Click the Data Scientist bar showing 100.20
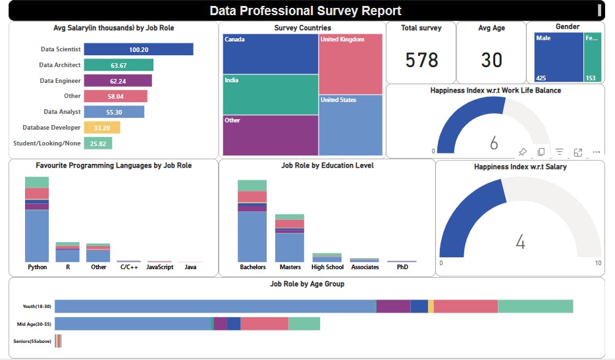(x=138, y=49)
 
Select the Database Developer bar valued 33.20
(x=103, y=128)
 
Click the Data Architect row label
(x=60, y=65)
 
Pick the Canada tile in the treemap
(x=270, y=53)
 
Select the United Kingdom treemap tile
(x=350, y=64)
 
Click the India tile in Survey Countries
(x=270, y=95)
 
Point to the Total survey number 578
(x=421, y=60)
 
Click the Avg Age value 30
(x=492, y=60)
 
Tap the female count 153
(x=591, y=78)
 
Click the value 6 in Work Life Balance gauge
(x=494, y=143)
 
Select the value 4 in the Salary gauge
(x=520, y=243)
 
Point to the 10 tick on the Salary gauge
(x=597, y=263)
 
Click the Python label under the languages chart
(x=38, y=267)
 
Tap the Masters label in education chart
(x=290, y=267)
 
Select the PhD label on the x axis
(x=402, y=267)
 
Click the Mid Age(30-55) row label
(x=34, y=324)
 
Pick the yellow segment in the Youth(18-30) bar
(x=431, y=306)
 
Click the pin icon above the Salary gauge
(x=522, y=152)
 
